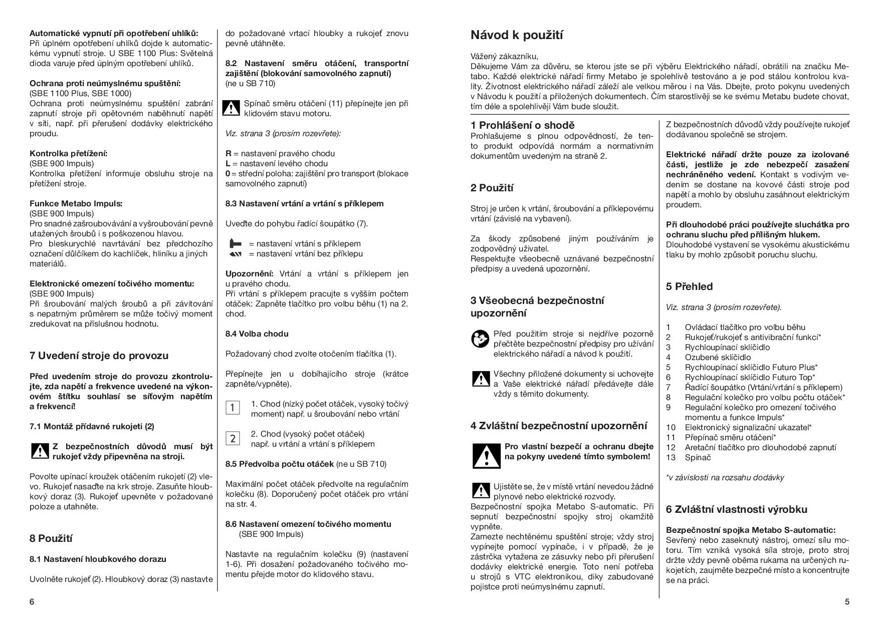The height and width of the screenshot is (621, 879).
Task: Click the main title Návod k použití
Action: [517, 35]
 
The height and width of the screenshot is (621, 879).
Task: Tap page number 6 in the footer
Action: [32, 601]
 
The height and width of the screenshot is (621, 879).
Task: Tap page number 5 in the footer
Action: [847, 601]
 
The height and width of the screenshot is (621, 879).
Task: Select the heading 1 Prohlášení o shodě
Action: [522, 125]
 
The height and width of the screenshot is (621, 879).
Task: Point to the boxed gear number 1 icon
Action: [233, 408]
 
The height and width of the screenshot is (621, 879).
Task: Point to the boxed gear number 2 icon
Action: [233, 439]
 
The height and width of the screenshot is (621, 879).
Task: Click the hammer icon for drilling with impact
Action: [235, 244]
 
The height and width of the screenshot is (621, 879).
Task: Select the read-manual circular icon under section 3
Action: [480, 339]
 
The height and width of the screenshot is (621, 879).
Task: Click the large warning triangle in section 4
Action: [486, 455]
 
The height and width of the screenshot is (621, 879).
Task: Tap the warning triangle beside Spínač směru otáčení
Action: [231, 108]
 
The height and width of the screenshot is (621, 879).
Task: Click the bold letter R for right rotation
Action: [229, 153]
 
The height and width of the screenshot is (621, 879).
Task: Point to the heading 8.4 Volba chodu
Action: [257, 334]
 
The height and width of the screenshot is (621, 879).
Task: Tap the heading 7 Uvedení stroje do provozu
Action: [99, 356]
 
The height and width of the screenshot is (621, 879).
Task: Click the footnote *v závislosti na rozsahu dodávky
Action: [725, 477]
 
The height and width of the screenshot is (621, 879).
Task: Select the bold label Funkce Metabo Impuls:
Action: [76, 203]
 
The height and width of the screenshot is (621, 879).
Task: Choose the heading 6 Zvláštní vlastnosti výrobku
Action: [736, 509]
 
